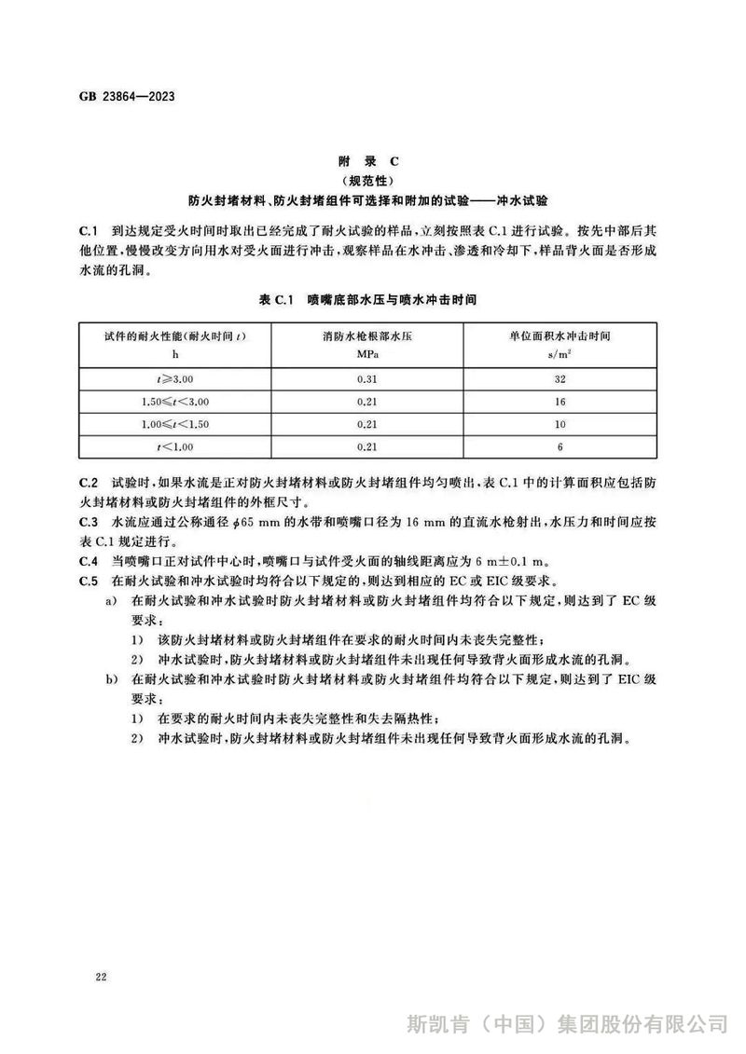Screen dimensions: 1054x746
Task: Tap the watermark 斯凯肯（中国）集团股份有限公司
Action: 567,1023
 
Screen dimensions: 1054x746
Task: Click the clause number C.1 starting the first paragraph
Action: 89,229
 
